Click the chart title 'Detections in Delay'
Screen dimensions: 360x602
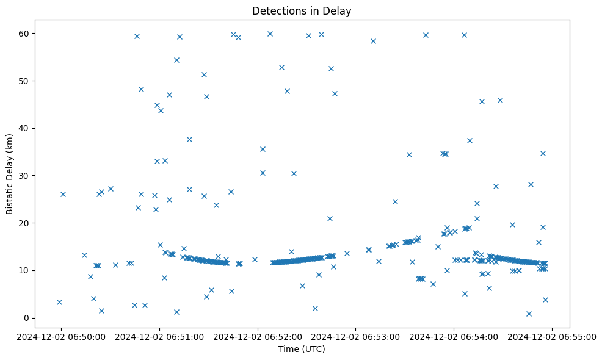(x=301, y=11)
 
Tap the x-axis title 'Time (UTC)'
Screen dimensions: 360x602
(x=302, y=350)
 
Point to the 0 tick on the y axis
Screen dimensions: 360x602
(x=27, y=318)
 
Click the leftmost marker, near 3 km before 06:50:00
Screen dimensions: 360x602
(x=59, y=302)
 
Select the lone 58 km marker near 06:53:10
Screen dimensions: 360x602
(x=373, y=41)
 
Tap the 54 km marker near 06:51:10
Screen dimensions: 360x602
(x=176, y=60)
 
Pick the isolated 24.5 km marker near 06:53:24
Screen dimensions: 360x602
(x=395, y=201)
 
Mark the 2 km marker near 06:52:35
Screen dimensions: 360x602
(x=315, y=308)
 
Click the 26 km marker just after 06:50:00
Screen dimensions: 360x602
(x=63, y=194)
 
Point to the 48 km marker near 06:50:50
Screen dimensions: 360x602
(x=141, y=89)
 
